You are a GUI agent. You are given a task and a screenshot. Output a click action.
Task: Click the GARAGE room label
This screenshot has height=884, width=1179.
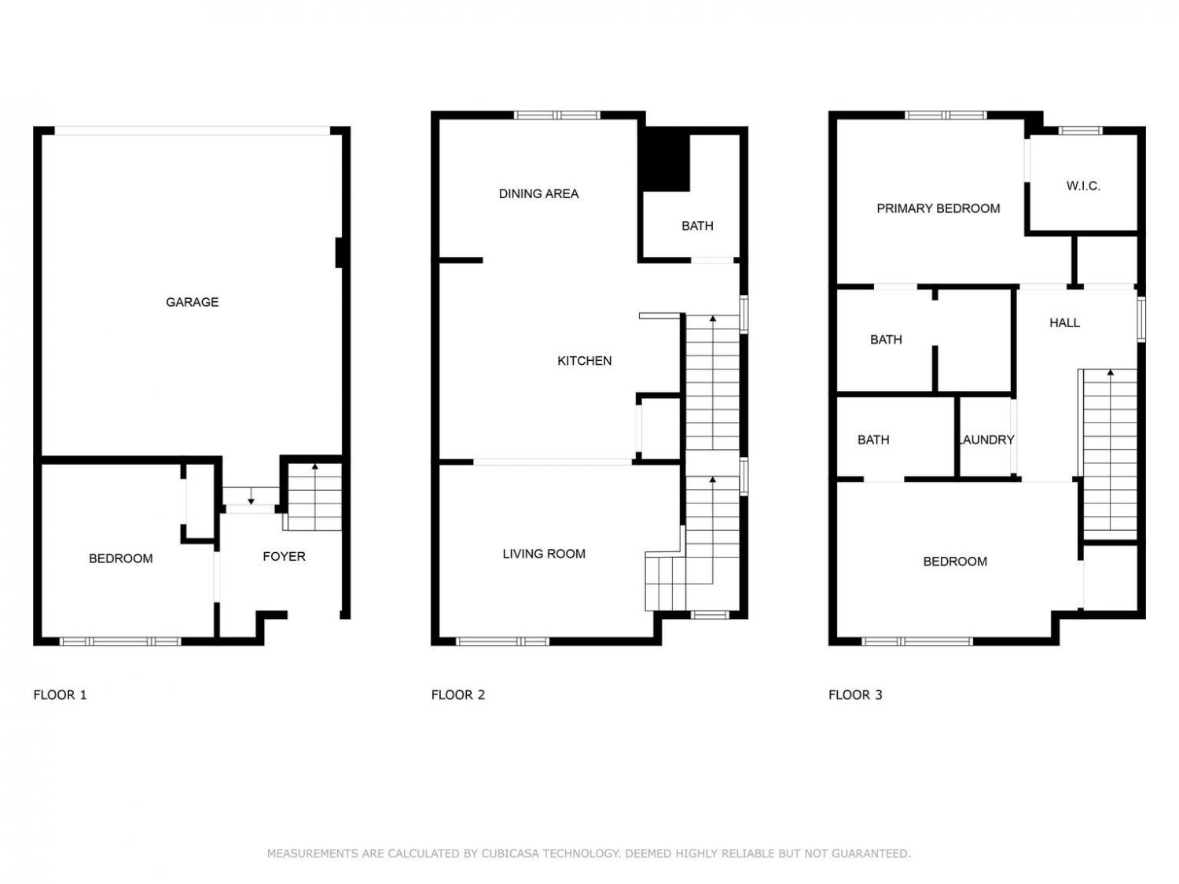coord(192,302)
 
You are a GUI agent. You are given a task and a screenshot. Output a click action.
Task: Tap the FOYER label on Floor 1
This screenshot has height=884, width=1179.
coord(284,556)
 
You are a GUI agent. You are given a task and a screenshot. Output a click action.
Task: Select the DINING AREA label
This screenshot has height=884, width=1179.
coord(538,193)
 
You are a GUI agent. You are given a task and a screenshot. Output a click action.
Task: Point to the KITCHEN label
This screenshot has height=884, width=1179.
coord(585,360)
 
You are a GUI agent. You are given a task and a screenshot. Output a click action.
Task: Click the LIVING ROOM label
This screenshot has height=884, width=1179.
coord(544,554)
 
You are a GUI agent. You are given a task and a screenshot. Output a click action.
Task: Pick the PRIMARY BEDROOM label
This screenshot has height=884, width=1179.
coord(938,208)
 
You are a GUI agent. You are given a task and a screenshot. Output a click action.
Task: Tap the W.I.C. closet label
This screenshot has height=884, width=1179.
coord(1083,186)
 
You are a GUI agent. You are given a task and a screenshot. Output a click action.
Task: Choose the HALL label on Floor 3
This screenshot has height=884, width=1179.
coord(1064,322)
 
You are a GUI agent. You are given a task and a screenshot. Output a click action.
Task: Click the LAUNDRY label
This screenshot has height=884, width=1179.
coord(986,440)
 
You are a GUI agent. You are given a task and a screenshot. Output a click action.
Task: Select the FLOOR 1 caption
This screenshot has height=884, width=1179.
coord(60,694)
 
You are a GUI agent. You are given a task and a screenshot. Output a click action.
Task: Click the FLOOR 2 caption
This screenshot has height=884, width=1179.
coord(457,694)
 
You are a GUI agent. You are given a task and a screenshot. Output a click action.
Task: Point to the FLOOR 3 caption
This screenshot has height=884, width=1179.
coord(855,694)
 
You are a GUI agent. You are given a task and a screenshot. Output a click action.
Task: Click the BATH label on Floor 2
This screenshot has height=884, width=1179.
coord(697,226)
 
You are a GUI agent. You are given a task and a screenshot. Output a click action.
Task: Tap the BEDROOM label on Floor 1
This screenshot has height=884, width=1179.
coord(120,558)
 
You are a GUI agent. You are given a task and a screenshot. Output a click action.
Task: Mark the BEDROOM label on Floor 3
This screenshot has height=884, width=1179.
coord(954,562)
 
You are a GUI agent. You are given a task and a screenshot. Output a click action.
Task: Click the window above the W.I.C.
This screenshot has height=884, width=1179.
coord(1080,131)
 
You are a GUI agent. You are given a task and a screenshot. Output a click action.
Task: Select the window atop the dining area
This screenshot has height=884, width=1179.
coord(557,115)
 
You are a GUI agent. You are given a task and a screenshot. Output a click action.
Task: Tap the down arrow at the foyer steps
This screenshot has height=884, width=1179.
coord(251,496)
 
